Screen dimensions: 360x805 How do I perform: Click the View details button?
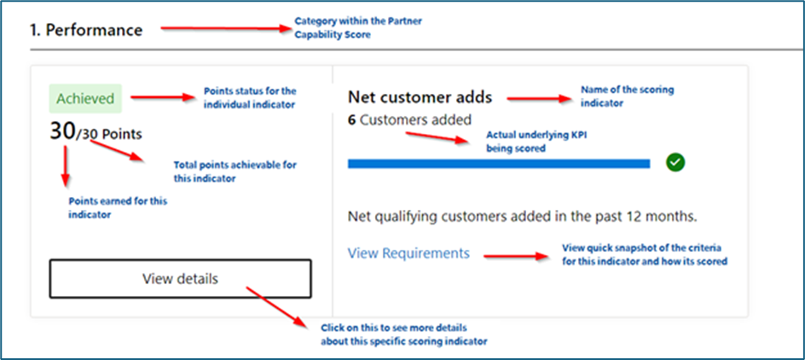pyautogui.click(x=180, y=279)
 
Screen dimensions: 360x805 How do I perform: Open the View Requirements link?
pyautogui.click(x=408, y=253)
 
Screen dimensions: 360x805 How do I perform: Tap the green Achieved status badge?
pyautogui.click(x=85, y=98)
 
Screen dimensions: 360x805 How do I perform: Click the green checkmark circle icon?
pyautogui.click(x=676, y=162)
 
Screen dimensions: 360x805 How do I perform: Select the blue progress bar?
pyautogui.click(x=499, y=163)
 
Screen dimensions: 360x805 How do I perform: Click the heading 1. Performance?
pyautogui.click(x=86, y=30)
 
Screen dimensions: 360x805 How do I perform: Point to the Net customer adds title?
pyautogui.click(x=420, y=97)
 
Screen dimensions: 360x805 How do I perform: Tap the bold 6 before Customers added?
pyautogui.click(x=352, y=120)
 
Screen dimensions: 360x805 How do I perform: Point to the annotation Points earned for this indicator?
pyautogui.click(x=117, y=207)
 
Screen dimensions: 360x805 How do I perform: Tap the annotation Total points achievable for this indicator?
pyautogui.click(x=235, y=171)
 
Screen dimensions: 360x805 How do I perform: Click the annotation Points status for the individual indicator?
pyautogui.click(x=249, y=97)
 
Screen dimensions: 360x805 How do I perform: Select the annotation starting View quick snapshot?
pyautogui.click(x=644, y=254)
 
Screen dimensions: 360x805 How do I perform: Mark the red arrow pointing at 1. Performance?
pyautogui.click(x=226, y=28)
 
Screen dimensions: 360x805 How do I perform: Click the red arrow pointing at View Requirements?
pyautogui.click(x=517, y=254)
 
